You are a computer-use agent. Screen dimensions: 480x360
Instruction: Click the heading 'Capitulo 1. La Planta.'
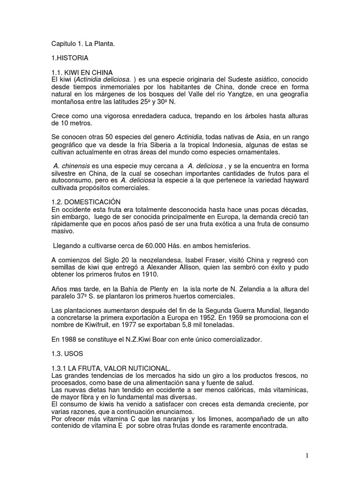82,44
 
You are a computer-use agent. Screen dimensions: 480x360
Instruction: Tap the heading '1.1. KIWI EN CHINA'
82,72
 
